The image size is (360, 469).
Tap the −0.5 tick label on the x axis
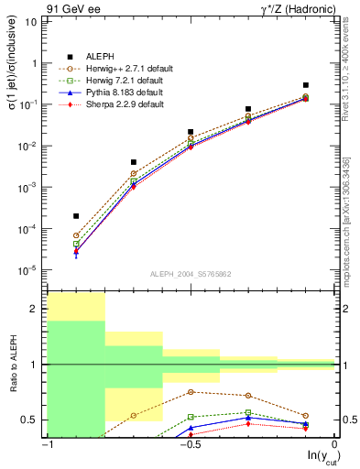[x=190, y=444]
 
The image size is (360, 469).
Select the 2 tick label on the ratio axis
[x=37, y=309]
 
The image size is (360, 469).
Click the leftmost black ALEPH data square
[x=76, y=216]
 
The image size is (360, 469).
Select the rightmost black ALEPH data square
[x=306, y=85]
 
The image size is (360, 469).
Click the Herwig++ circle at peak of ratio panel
[x=191, y=392]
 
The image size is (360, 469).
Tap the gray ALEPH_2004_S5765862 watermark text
[x=191, y=274]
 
